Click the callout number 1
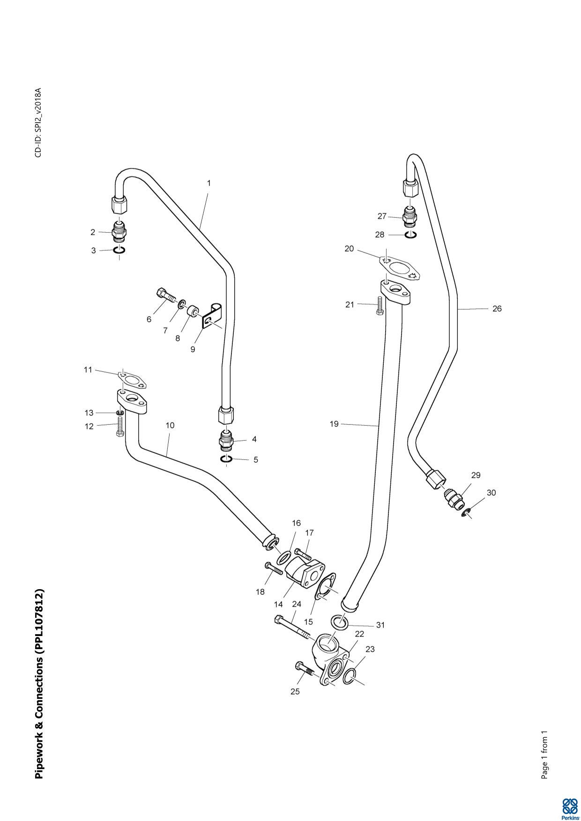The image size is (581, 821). pos(209,183)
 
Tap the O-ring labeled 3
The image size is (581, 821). pos(119,251)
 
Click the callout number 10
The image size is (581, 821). pos(170,425)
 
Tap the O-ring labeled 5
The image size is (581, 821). pos(226,460)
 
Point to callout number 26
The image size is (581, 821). pos(497,309)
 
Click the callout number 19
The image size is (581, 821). pos(334,424)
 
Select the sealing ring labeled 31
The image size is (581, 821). pos(339,622)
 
